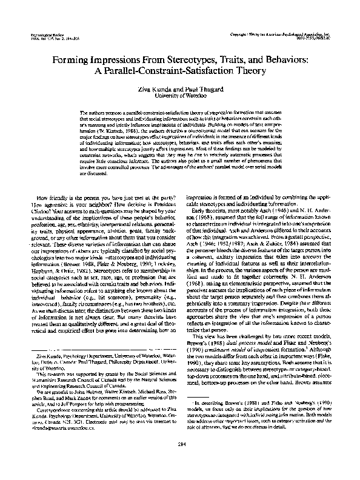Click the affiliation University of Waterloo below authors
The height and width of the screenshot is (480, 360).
(180, 95)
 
